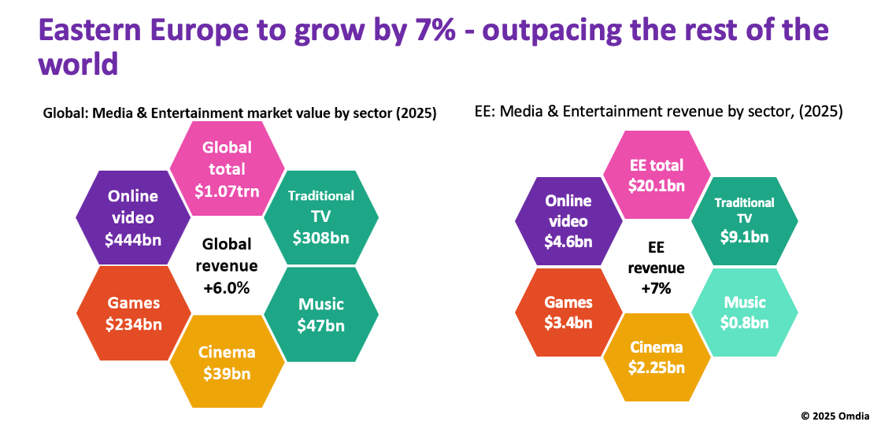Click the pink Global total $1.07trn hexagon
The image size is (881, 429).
point(227,168)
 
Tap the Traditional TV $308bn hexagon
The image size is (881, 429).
point(320,216)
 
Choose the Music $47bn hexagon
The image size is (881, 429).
point(320,314)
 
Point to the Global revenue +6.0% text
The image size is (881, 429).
point(227,265)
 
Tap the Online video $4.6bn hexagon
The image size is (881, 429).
point(568,222)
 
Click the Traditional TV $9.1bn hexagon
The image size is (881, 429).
point(744,222)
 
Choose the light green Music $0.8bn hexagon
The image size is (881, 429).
point(744,311)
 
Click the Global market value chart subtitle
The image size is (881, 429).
point(239,114)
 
